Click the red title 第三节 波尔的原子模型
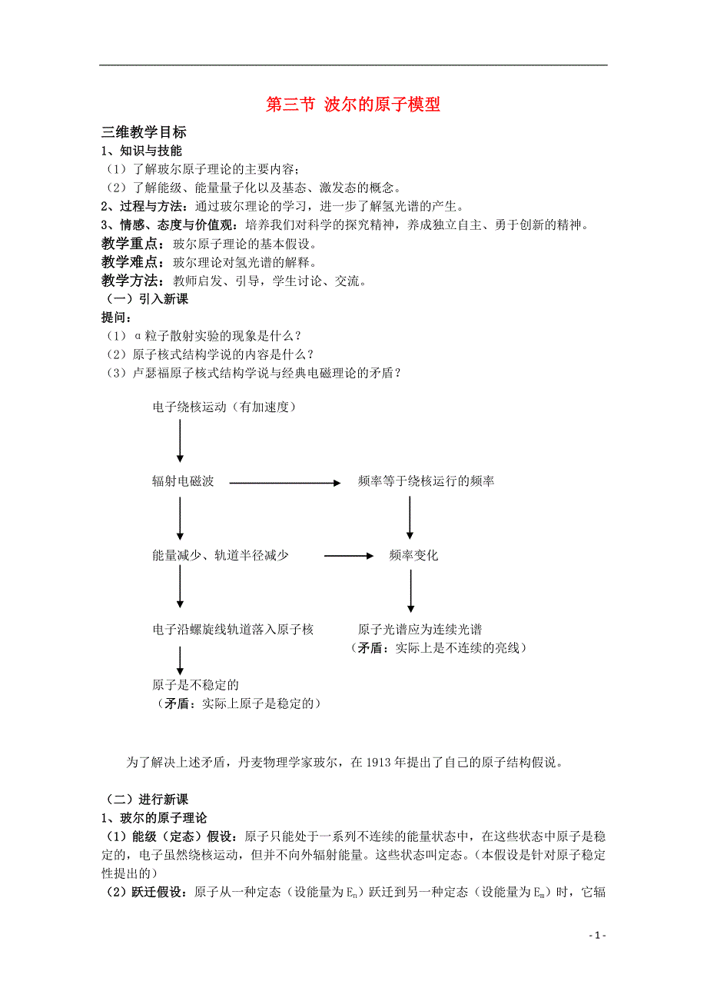click(x=353, y=105)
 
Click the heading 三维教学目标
click(x=144, y=132)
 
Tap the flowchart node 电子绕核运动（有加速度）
click(x=224, y=407)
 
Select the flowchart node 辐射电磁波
click(x=183, y=481)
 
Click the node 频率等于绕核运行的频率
click(x=426, y=481)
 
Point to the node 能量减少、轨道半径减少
click(x=221, y=555)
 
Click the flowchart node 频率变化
click(x=413, y=555)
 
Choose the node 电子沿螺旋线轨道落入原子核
click(x=233, y=630)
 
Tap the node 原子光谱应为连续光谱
click(x=420, y=630)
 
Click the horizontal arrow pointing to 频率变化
click(x=348, y=556)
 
